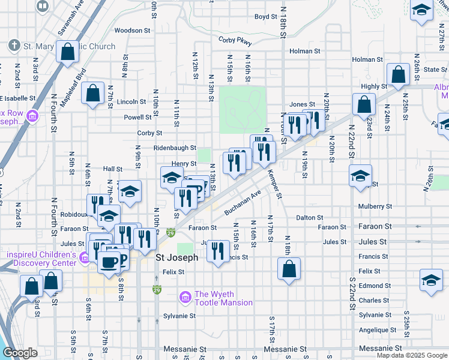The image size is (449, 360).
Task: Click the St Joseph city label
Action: [x=176, y=257]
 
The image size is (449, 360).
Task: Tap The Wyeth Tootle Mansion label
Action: [x=223, y=298]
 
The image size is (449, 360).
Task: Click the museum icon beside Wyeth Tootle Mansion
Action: [x=185, y=297]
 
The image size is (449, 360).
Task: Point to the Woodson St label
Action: [x=132, y=30]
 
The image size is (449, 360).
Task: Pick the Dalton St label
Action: [x=310, y=217]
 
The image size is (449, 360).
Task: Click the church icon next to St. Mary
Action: [x=14, y=46]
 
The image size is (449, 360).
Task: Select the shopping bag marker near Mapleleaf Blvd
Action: [x=92, y=94]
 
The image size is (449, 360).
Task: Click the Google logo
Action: [x=19, y=353]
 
